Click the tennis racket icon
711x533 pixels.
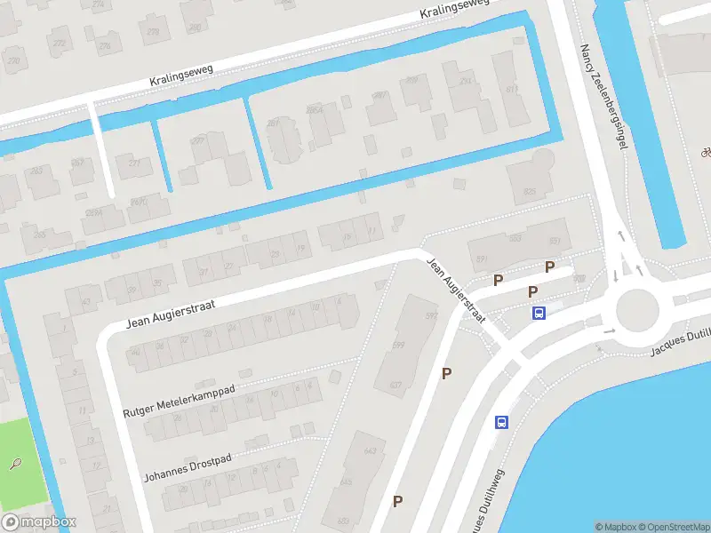(15, 464)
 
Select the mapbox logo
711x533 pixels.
(39, 523)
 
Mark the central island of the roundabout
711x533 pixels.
(638, 308)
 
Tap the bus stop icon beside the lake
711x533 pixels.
(501, 423)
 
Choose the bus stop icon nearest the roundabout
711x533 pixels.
(539, 313)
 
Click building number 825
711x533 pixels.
(531, 192)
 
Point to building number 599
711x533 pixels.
(399, 345)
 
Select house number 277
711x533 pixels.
(198, 139)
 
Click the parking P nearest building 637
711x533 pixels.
(446, 374)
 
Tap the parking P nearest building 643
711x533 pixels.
(398, 501)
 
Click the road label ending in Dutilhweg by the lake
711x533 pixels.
(487, 502)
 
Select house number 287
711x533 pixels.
(274, 123)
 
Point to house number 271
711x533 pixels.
(135, 163)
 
